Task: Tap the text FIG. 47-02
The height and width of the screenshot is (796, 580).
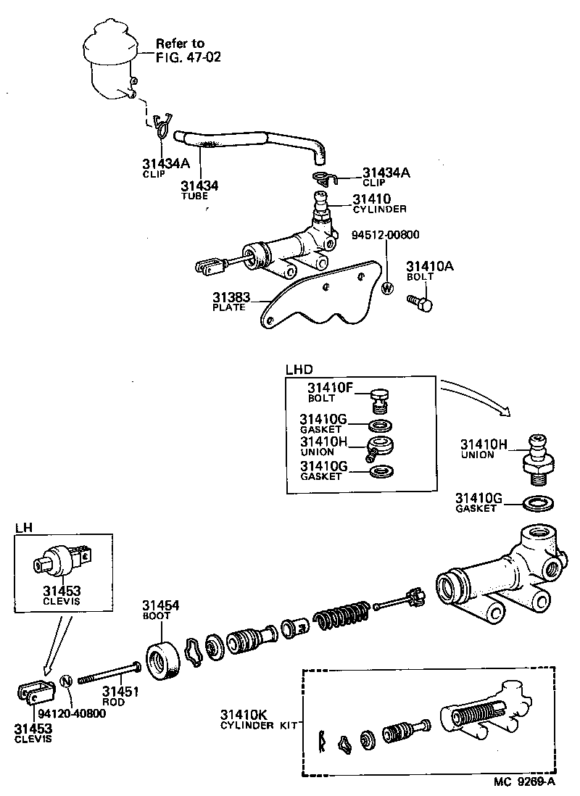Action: click(188, 56)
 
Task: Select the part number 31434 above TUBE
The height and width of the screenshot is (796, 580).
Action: click(199, 186)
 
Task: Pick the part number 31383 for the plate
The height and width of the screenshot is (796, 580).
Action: click(231, 297)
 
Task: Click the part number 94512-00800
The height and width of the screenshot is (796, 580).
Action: click(386, 234)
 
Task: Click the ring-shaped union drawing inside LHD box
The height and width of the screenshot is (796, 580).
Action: click(380, 446)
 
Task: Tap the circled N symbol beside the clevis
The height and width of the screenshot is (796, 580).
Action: click(65, 681)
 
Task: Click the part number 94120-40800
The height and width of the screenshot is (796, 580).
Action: click(72, 713)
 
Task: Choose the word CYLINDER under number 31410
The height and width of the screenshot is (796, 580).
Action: click(380, 210)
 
